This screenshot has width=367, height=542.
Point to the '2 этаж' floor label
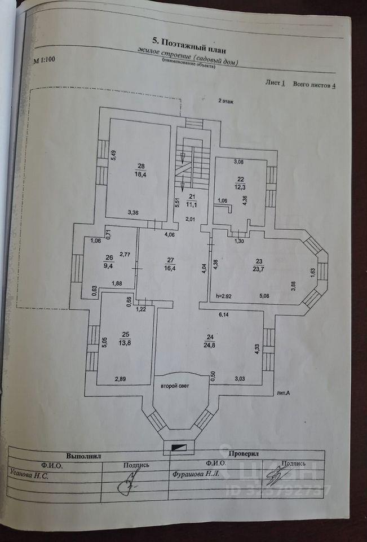coord(226,101)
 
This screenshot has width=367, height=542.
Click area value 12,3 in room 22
coord(240,186)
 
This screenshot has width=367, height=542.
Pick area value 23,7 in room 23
coord(259,268)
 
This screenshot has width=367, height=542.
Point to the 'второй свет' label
coord(175,386)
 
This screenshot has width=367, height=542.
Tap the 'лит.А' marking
coord(284,392)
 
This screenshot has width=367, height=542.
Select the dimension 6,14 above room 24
coord(225,315)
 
